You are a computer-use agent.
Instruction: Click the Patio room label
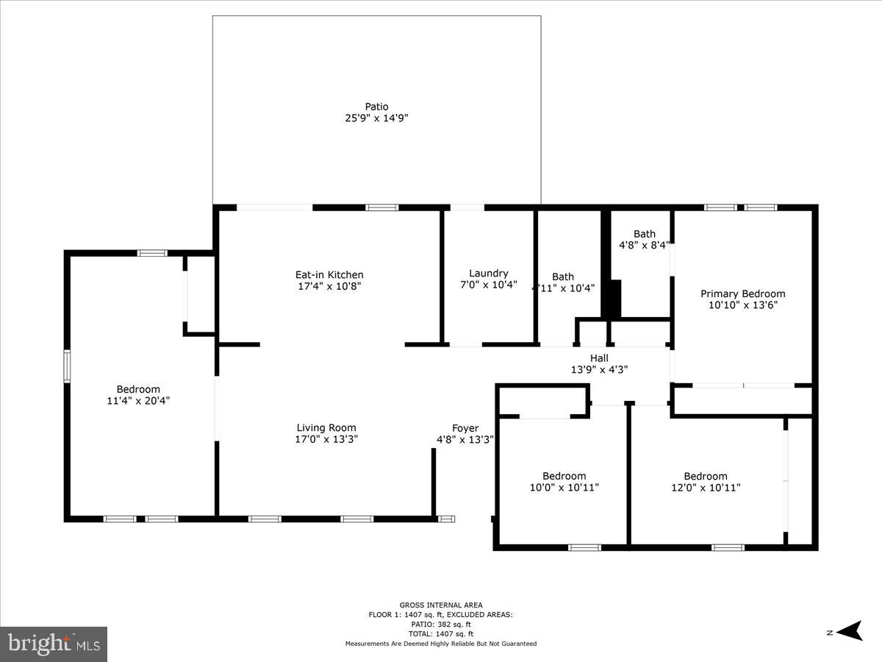point(376,107)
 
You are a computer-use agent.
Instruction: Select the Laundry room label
point(489,274)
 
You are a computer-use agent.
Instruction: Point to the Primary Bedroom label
point(742,293)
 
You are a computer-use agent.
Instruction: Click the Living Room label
point(326,427)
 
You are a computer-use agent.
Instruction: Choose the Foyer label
point(465,428)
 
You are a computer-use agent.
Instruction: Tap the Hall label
point(599,358)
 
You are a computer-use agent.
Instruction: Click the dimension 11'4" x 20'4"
point(138,401)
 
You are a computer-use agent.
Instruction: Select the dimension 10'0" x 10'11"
point(564,487)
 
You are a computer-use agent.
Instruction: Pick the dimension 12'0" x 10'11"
point(706,487)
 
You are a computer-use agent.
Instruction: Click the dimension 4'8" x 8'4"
point(645,246)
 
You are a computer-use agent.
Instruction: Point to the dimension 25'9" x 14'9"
point(376,118)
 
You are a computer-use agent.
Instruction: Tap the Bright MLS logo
point(54,644)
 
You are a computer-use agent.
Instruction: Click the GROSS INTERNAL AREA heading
point(441,605)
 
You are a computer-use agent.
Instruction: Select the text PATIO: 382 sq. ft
point(441,624)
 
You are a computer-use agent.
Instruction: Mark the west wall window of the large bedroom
point(67,366)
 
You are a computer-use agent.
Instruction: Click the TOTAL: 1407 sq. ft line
point(441,633)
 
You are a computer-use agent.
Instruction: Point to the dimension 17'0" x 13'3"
point(326,439)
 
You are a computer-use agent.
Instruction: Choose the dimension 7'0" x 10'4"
point(489,285)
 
